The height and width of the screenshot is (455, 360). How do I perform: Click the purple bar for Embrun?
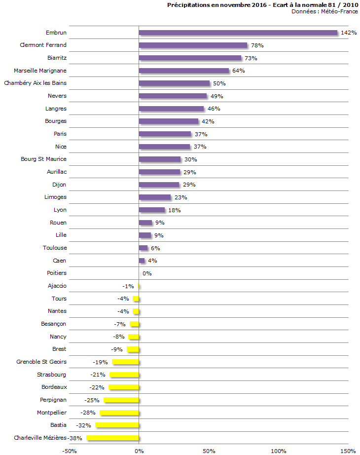click(x=238, y=33)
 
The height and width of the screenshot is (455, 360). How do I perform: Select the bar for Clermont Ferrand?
click(x=193, y=45)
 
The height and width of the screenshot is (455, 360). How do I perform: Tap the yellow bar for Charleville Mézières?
click(x=113, y=438)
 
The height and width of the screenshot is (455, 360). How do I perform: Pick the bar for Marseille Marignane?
click(x=184, y=71)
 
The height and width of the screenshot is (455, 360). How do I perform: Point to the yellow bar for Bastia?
click(x=117, y=425)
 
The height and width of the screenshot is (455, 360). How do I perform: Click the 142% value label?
click(x=349, y=33)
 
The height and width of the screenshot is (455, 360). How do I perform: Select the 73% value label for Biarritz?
click(x=251, y=58)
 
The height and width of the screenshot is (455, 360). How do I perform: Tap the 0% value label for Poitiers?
click(x=147, y=273)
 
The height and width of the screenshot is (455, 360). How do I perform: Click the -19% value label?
click(x=100, y=362)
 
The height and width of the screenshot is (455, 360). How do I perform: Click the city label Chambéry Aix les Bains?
click(x=35, y=83)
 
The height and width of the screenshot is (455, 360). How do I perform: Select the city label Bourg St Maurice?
click(x=43, y=159)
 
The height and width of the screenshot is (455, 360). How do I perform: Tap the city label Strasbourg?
click(x=51, y=374)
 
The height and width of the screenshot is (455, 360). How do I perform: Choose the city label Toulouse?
click(x=54, y=248)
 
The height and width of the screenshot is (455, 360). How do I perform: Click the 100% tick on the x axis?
click(x=278, y=451)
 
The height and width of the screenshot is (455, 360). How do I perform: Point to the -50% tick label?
click(x=70, y=451)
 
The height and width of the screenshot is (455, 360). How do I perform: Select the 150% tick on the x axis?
click(x=348, y=451)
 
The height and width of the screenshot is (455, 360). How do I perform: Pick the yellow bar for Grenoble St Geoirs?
click(x=126, y=362)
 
